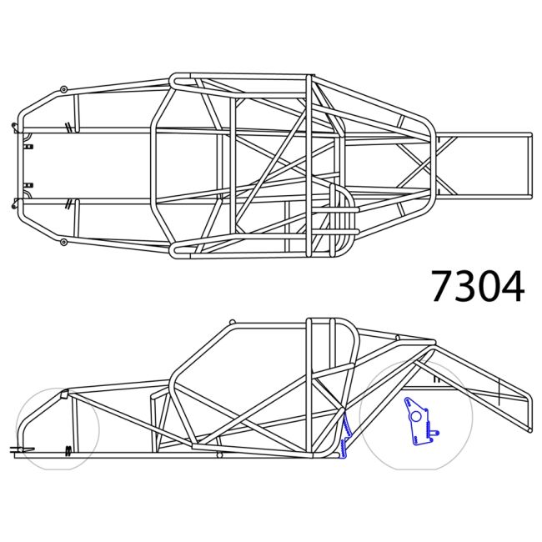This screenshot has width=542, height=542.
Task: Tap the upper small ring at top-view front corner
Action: [63, 88]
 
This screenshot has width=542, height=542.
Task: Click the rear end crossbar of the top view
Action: [530, 166]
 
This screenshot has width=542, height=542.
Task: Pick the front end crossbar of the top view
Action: [19, 164]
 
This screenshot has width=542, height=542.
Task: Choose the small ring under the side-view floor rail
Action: [219, 455]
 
